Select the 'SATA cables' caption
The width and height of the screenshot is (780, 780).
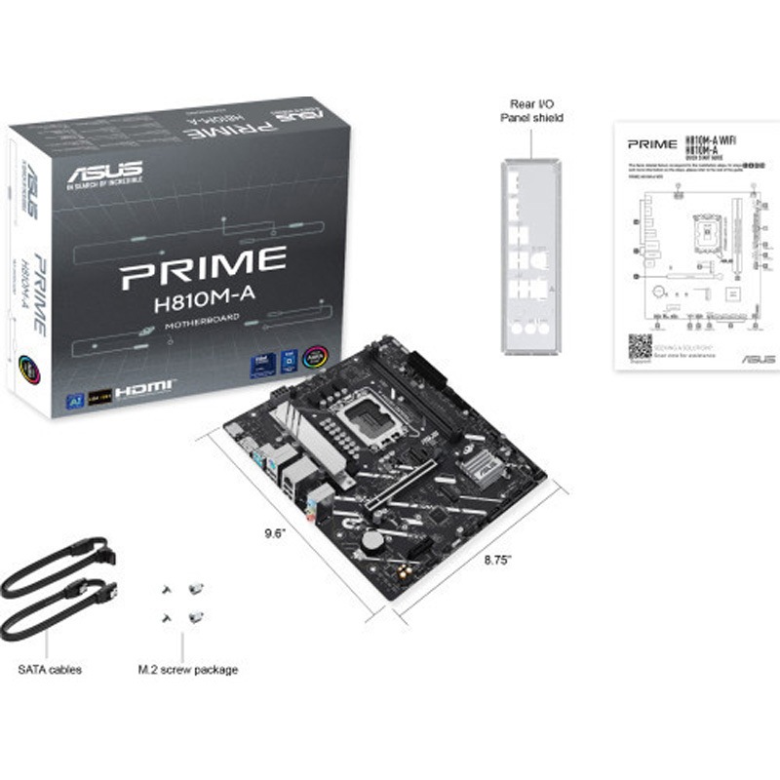(50, 670)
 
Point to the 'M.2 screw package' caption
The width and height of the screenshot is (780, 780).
(188, 670)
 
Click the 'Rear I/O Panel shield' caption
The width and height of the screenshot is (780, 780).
(531, 110)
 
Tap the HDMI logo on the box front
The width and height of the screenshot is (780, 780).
(145, 388)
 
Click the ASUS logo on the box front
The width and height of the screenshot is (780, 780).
(104, 173)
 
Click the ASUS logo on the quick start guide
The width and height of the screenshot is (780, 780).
(758, 359)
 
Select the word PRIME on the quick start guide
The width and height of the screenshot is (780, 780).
(652, 144)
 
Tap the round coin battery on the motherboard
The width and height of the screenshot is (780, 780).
(371, 539)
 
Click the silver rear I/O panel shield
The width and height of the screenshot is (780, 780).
(531, 257)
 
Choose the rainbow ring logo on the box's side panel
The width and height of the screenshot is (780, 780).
(32, 373)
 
